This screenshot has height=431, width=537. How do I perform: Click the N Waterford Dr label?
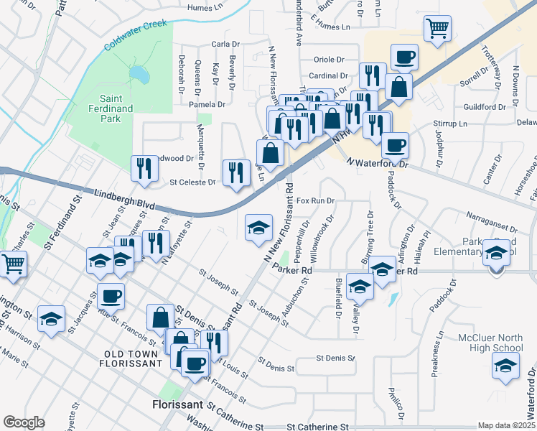pos(377,162)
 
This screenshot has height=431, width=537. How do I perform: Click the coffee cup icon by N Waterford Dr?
pos(395,146)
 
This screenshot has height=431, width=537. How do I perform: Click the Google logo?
pos(24,422)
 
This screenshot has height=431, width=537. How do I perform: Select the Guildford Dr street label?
pos(485,107)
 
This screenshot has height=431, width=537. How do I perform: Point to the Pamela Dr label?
pos(207,104)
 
